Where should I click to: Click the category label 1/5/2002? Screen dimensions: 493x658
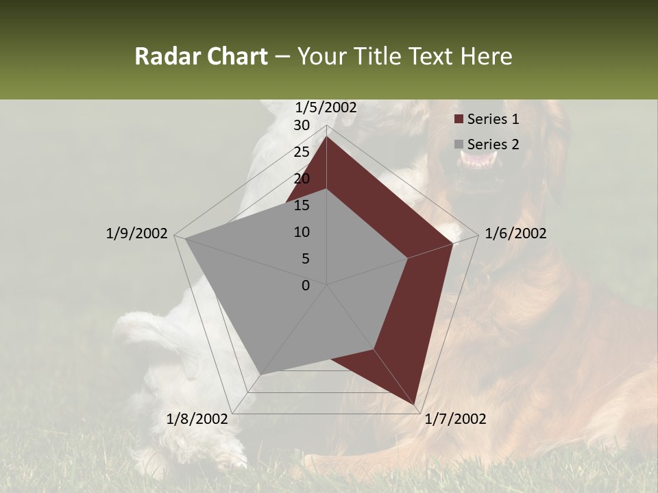326,108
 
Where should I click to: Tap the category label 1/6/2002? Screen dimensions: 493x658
515,234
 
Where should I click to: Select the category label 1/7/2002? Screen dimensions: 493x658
455,419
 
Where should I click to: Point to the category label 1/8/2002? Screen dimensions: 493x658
197,419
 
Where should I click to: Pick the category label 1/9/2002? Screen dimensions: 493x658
136,234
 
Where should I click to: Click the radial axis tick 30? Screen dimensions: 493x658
302,125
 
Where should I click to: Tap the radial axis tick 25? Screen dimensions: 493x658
302,152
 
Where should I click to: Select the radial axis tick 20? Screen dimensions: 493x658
302,179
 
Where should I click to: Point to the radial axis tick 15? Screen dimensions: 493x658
302,205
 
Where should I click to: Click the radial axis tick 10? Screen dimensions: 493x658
302,232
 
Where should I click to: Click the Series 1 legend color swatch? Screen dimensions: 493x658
459,120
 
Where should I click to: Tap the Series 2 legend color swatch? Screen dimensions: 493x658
459,144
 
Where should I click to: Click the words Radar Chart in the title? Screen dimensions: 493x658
201,56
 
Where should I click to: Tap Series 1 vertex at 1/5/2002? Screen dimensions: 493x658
327,136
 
